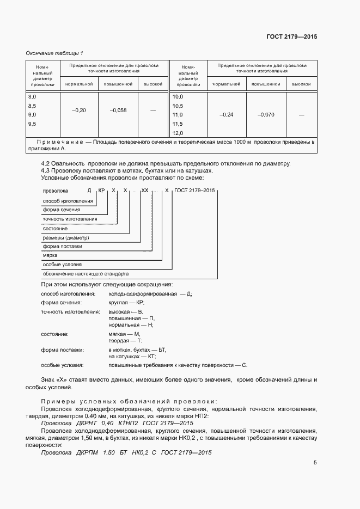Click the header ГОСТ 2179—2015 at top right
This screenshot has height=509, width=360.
pyautogui.click(x=292, y=37)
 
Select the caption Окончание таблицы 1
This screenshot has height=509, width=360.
pyautogui.click(x=54, y=53)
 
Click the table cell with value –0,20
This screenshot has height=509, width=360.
pyautogui.click(x=79, y=110)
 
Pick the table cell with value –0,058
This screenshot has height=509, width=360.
pyautogui.click(x=118, y=110)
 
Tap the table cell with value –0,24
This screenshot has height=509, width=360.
pyautogui.click(x=226, y=115)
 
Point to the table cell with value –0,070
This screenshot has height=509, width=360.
pyautogui.click(x=266, y=115)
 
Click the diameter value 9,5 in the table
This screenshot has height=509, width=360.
pyautogui.click(x=32, y=124)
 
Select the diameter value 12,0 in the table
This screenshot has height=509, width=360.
pyautogui.click(x=178, y=133)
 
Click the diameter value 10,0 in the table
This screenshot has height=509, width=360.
pyautogui.click(x=178, y=96)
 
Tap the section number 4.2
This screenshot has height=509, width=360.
pyautogui.click(x=46, y=164)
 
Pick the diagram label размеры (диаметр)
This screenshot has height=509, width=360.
pyautogui.click(x=66, y=237)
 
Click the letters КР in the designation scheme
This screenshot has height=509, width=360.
pyautogui.click(x=101, y=191)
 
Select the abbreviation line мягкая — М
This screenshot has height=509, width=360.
pyautogui.click(x=124, y=333)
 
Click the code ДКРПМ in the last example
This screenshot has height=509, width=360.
pyautogui.click(x=85, y=452)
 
